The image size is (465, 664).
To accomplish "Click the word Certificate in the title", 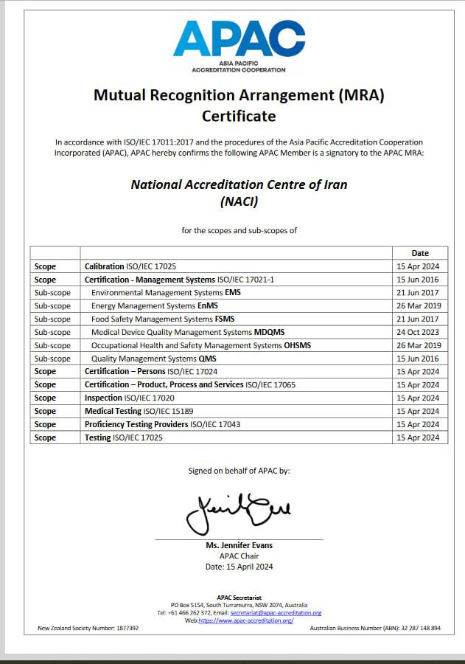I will [239, 116].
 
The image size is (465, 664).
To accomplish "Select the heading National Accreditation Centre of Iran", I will [239, 184].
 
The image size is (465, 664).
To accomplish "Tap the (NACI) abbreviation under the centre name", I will [239, 201].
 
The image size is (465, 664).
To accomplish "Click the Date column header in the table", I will [419, 253].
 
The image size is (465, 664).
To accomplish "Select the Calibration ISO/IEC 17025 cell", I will [124, 266].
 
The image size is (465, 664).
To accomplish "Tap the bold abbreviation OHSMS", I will [297, 345].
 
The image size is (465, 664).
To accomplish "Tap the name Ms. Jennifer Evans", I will [239, 545].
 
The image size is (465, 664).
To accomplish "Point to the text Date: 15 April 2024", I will [239, 567].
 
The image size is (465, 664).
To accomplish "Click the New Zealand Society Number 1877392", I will [88, 629].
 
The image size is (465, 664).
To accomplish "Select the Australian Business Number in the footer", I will [375, 629].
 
